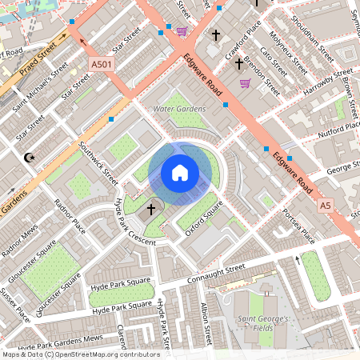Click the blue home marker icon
(x=180, y=173)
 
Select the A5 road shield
(x=325, y=206)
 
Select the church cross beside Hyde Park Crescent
(x=151, y=209)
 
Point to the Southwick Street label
(x=98, y=163)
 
